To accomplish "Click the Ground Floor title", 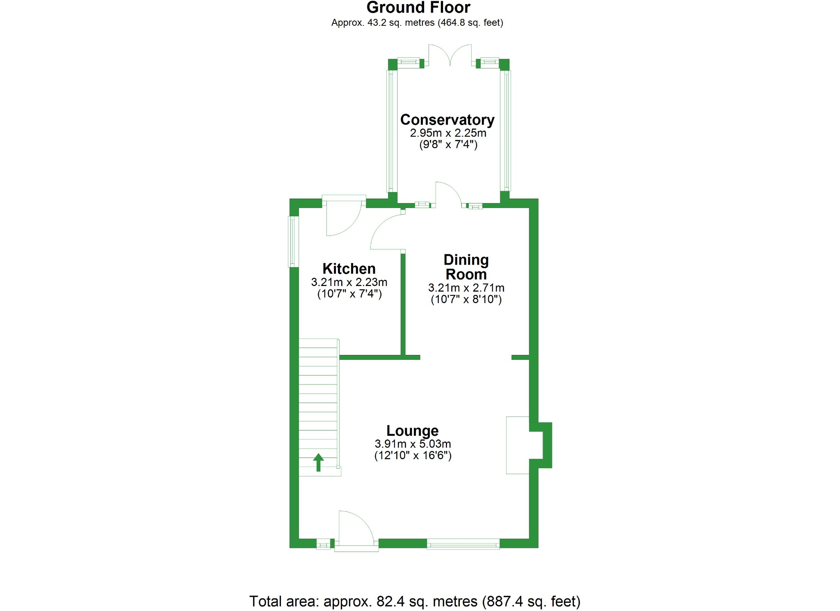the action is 418,7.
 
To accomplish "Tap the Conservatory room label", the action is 447,120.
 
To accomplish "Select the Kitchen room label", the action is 349,269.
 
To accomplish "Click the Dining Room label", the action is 466,267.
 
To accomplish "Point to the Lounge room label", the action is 413,431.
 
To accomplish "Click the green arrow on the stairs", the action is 318,462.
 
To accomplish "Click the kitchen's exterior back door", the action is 344,216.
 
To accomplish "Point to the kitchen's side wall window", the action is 293,242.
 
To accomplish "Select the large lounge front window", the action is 463,544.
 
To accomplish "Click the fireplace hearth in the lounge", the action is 518,445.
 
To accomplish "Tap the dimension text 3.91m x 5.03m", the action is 413,444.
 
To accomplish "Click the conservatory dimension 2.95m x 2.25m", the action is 448,133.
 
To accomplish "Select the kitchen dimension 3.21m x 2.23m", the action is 349,282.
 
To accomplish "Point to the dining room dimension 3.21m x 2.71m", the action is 466,288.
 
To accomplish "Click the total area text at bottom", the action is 415,602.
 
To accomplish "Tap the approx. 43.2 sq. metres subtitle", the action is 417,23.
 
